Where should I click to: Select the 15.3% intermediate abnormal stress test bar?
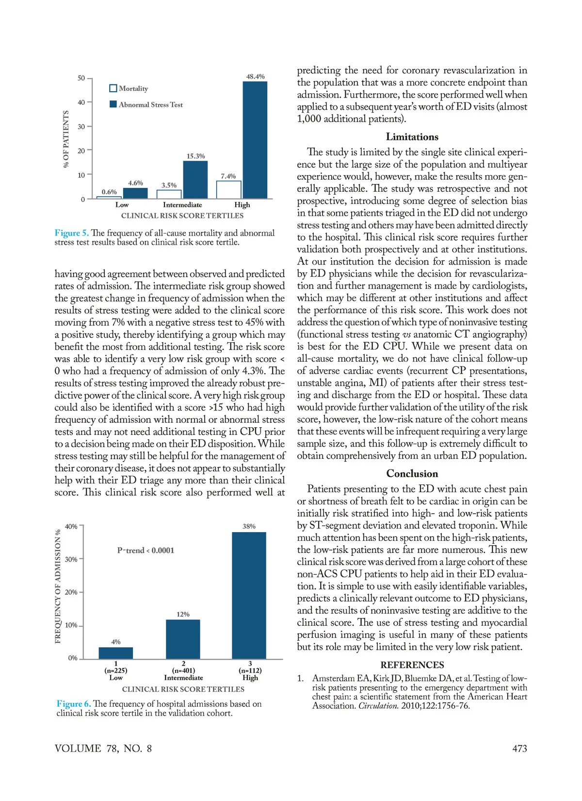(x=195, y=180)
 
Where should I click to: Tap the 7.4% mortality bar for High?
(x=228, y=190)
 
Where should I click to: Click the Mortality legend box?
(x=113, y=88)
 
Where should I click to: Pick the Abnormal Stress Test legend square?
(x=113, y=104)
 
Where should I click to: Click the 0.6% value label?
(x=109, y=192)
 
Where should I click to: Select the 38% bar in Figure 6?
(x=249, y=595)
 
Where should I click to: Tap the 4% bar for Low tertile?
(x=115, y=653)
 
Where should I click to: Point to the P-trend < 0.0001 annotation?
(x=145, y=551)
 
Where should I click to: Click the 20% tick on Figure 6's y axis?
(x=71, y=592)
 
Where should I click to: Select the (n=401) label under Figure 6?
(x=183, y=670)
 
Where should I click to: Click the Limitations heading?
(x=412, y=137)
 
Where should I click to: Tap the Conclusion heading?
(x=412, y=474)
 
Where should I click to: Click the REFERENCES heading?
(x=412, y=665)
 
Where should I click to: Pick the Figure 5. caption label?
(x=72, y=233)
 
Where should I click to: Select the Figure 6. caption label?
(x=74, y=704)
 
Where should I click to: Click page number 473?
(x=519, y=749)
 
